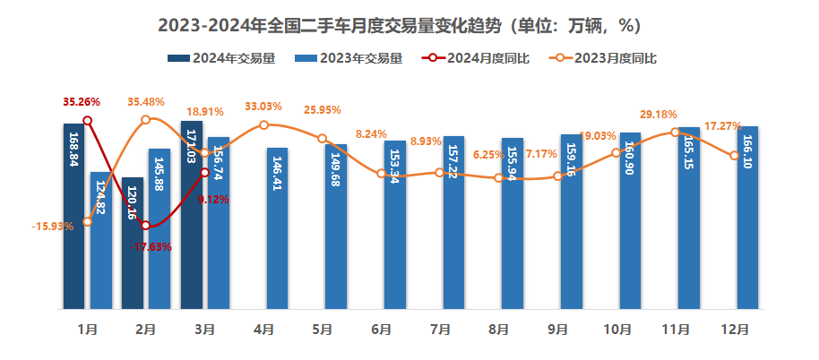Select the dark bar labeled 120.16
point(133,243)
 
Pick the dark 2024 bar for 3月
point(191,215)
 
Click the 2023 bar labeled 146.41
point(277,228)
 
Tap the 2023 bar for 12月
point(748,218)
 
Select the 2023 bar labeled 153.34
point(395,225)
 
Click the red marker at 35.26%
point(87,120)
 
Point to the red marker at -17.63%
point(146,226)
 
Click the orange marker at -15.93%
point(87,221)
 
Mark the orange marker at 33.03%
point(263,125)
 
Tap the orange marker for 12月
point(735,156)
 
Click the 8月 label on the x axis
point(499,330)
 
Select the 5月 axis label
point(323,330)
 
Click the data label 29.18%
point(659,115)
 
